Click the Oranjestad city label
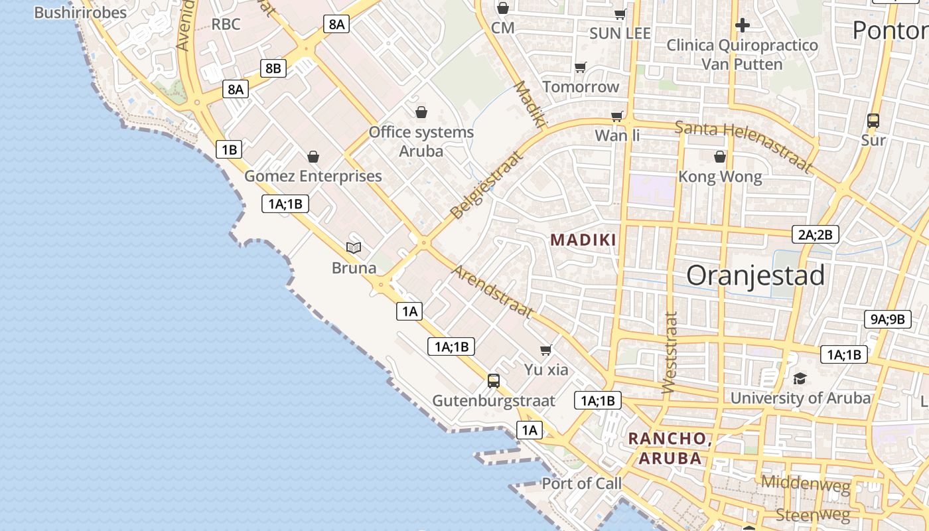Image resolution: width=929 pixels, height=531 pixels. pos(755,275)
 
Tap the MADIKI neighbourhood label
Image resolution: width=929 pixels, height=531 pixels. pos(584,240)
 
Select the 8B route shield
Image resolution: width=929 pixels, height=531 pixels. pos(273,68)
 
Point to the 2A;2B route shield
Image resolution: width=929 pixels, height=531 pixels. pos(816,234)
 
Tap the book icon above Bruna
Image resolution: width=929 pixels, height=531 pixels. pos(354,248)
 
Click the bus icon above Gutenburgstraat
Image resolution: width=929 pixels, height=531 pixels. pos(494,381)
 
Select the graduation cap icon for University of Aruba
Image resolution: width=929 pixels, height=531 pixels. pos(800,378)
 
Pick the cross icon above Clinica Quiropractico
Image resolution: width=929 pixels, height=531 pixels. pos(743,26)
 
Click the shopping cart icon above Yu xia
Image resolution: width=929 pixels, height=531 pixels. pos(546,350)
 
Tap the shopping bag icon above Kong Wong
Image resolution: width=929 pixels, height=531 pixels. pos(720,157)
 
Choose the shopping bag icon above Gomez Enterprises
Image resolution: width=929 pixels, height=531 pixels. pos(313,157)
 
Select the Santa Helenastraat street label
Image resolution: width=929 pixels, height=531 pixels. pos(743,145)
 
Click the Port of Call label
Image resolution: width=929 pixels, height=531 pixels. pos(582,483)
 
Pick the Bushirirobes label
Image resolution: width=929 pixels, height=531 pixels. pos(80,13)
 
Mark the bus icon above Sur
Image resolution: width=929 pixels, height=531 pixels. pos(873,121)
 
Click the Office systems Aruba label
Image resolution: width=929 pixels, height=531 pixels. pos(421,141)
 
